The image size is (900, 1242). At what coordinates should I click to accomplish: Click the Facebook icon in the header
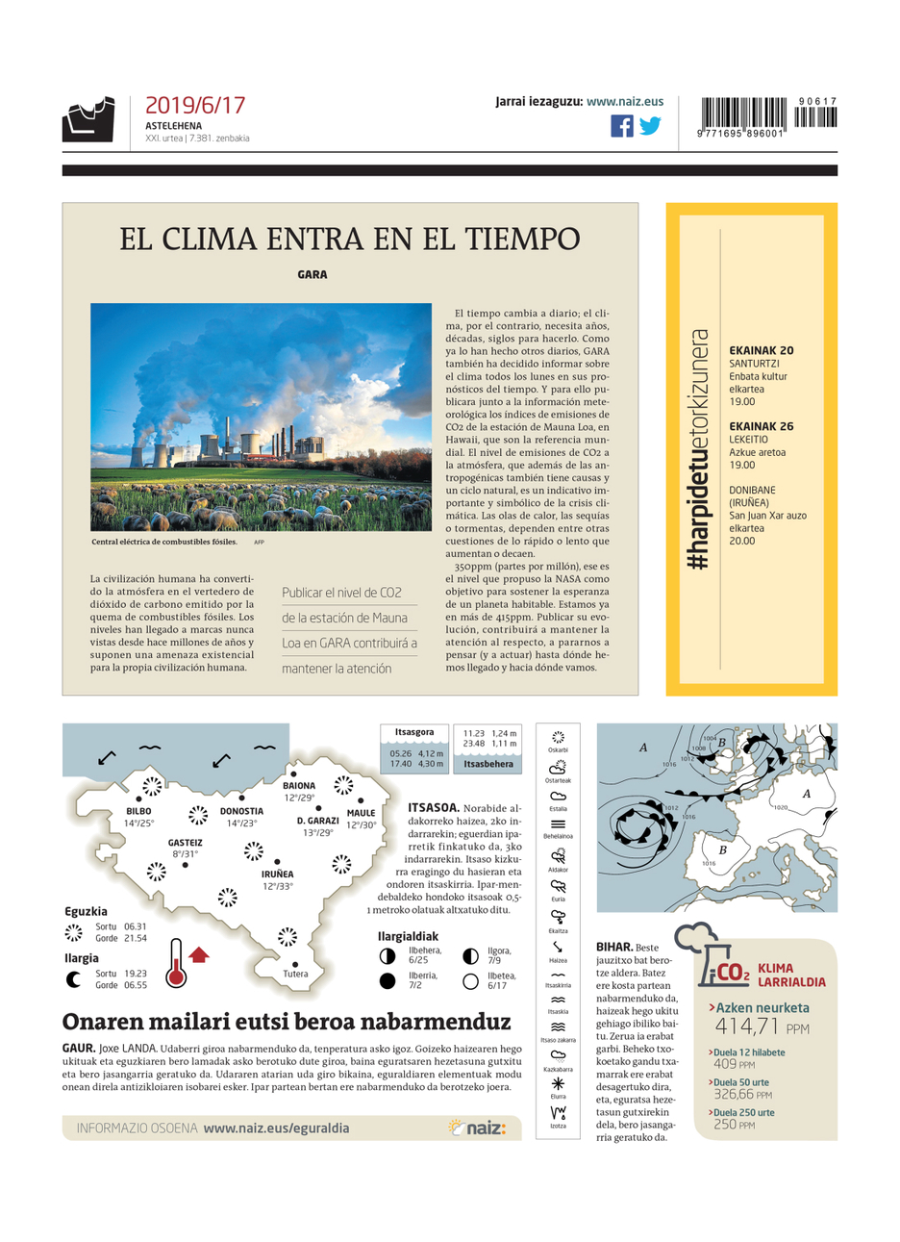(x=622, y=126)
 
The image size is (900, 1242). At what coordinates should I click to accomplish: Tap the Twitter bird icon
(x=651, y=126)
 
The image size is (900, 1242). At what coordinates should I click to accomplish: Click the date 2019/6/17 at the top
(x=195, y=106)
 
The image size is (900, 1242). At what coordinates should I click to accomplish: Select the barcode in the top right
(x=768, y=116)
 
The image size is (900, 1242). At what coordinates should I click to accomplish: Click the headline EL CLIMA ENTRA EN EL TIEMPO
(x=350, y=239)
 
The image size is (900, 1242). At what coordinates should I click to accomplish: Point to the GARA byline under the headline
(x=312, y=275)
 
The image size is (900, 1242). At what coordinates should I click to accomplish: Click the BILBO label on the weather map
(x=138, y=811)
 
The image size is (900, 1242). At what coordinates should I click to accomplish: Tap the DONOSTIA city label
(x=241, y=811)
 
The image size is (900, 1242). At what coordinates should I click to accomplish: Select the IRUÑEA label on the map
(x=277, y=874)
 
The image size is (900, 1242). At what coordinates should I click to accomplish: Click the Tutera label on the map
(x=295, y=974)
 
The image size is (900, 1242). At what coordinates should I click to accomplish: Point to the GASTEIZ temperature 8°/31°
(x=185, y=854)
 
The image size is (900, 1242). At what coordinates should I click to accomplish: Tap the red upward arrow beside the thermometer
(x=199, y=954)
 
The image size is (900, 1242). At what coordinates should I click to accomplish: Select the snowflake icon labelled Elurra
(x=558, y=1084)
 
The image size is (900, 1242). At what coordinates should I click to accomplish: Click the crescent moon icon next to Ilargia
(x=73, y=979)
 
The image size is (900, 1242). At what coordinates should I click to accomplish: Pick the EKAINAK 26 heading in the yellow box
(x=761, y=426)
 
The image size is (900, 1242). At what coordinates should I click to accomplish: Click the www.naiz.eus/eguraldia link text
(x=276, y=1128)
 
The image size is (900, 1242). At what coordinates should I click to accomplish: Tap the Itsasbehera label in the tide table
(x=488, y=764)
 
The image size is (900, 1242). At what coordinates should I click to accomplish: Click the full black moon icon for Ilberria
(x=387, y=981)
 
